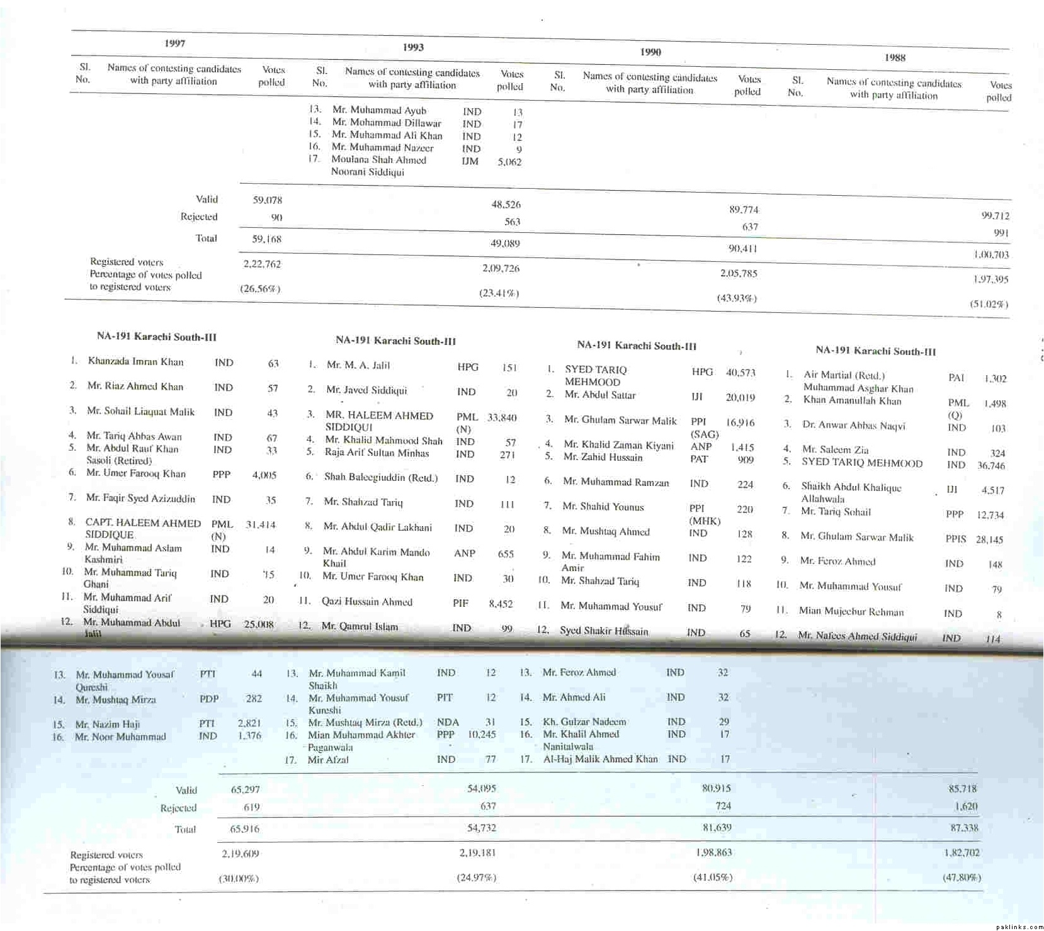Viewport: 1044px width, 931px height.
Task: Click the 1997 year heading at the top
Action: [174, 43]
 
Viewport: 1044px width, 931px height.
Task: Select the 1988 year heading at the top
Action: [895, 58]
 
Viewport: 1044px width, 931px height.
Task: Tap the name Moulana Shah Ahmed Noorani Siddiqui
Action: [378, 166]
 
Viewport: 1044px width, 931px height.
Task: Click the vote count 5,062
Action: [509, 162]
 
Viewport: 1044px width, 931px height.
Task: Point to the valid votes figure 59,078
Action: [268, 200]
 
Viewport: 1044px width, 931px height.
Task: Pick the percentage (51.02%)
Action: [989, 304]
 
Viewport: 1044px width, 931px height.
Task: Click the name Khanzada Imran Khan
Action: [135, 361]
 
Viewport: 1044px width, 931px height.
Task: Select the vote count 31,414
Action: [260, 524]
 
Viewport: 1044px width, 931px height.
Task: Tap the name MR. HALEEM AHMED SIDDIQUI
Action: [379, 421]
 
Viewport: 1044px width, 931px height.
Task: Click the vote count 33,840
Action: [502, 417]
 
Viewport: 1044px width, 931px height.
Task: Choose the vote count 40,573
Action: [740, 373]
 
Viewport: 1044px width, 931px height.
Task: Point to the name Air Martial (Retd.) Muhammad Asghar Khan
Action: [858, 381]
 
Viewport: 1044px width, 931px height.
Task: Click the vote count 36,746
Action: [991, 466]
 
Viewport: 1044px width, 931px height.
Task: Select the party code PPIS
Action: [956, 539]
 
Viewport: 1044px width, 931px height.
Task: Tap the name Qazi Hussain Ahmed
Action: [366, 602]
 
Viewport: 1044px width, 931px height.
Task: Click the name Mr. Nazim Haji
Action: [108, 724]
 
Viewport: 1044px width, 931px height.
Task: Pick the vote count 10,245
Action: [482, 735]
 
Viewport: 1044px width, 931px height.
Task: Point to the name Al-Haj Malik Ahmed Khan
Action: [600, 759]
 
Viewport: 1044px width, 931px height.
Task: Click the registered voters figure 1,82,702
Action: [962, 853]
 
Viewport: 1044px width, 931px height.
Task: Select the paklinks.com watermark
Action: [1020, 927]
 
